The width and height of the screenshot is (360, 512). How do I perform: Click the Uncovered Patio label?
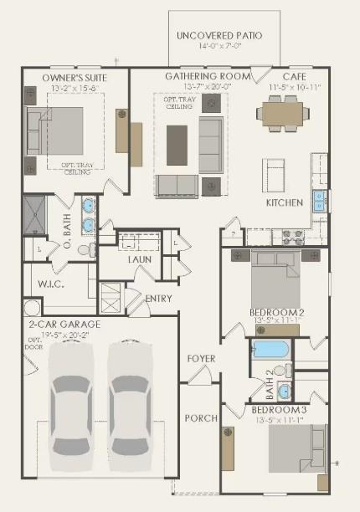pos(219,36)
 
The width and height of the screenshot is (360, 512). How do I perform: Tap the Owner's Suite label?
pos(75,78)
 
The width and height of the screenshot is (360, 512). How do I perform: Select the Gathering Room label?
pos(208,76)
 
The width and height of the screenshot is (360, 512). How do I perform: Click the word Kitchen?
pos(285,203)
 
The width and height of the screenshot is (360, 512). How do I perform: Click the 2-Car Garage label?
pos(64,324)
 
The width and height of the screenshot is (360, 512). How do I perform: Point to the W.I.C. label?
pos(51,284)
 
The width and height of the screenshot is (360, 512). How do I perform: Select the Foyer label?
pos(201,359)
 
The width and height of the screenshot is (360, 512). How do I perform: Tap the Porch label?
pos(201,417)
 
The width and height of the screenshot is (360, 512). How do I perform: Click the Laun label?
pos(139,259)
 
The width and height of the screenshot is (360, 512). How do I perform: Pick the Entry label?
pos(159,299)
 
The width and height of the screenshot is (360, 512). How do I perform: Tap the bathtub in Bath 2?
pos(270,349)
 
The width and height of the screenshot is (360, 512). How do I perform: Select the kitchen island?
pos(275,175)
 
